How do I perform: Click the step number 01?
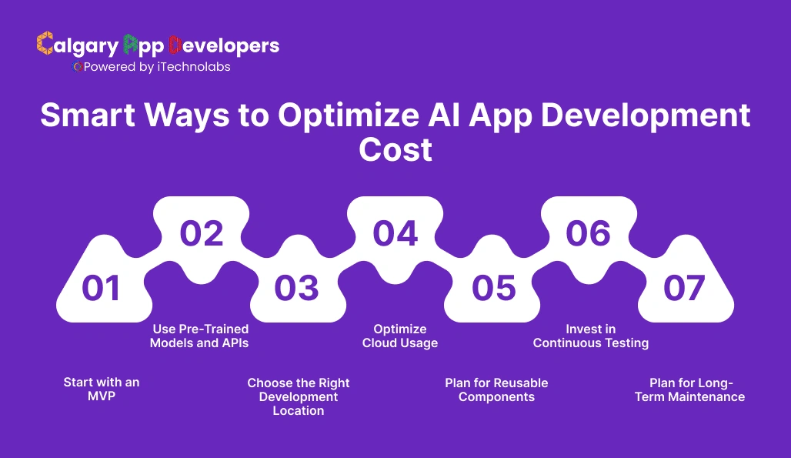(102, 288)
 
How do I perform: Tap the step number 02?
(202, 233)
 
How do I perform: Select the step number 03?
(296, 288)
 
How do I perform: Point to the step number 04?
(395, 233)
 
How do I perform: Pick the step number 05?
(494, 288)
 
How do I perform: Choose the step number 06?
(589, 233)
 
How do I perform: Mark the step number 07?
(684, 288)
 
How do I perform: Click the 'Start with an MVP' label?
(102, 389)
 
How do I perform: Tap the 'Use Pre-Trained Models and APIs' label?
(200, 336)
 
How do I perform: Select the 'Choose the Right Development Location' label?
(299, 396)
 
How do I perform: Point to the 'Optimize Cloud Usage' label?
(400, 336)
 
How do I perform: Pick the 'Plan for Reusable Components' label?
(496, 389)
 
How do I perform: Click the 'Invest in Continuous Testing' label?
(591, 336)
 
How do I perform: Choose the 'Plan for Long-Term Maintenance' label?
(690, 389)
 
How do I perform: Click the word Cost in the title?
(395, 149)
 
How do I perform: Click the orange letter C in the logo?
(45, 44)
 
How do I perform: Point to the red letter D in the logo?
(175, 44)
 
